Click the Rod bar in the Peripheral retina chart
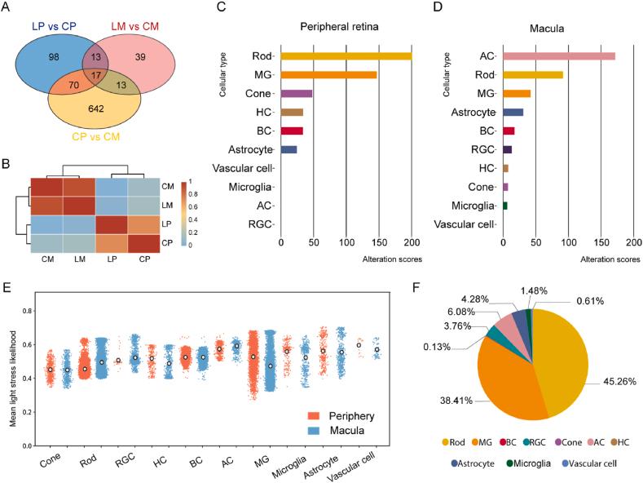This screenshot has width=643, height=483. (x=346, y=55)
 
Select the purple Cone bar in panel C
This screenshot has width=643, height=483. (x=297, y=93)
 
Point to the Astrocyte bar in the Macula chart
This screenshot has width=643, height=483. (x=513, y=112)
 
